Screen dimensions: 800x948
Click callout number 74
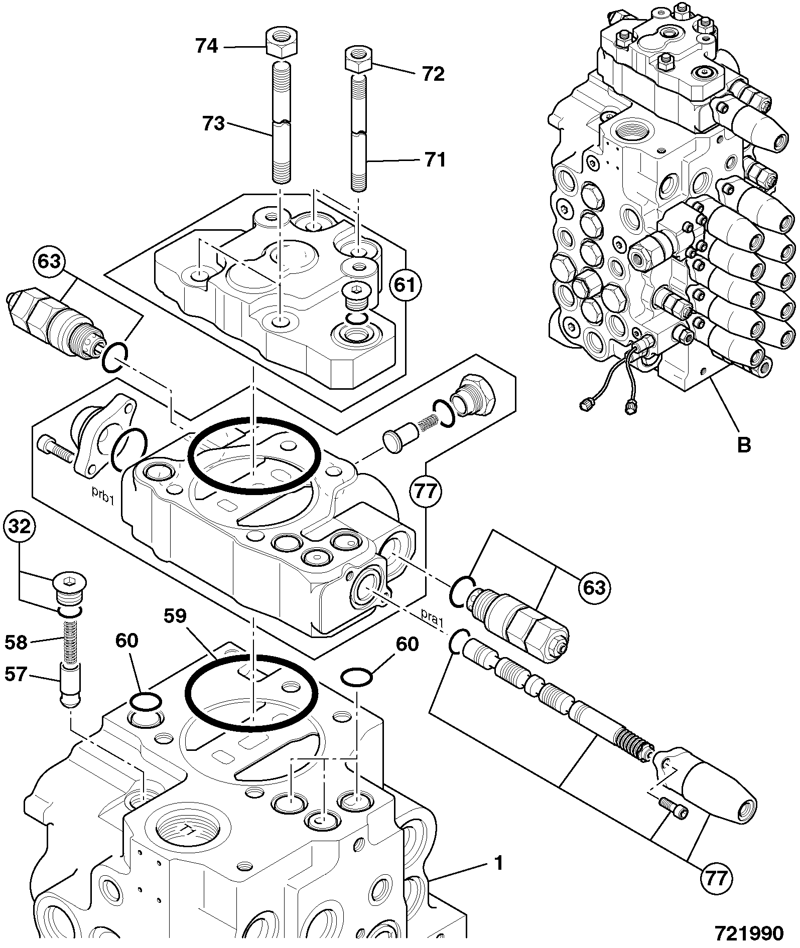coord(206,46)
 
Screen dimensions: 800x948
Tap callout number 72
coord(433,74)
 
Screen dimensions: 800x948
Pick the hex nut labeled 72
coord(357,60)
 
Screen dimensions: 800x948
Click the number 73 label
coord(213,123)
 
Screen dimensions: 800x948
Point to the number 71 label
coord(435,160)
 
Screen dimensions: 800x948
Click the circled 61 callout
coord(405,285)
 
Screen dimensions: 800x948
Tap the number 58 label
coord(16,642)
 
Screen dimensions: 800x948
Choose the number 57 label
coord(16,674)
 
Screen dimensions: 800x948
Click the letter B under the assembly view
coord(743,444)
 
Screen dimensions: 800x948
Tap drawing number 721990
coord(749,933)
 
